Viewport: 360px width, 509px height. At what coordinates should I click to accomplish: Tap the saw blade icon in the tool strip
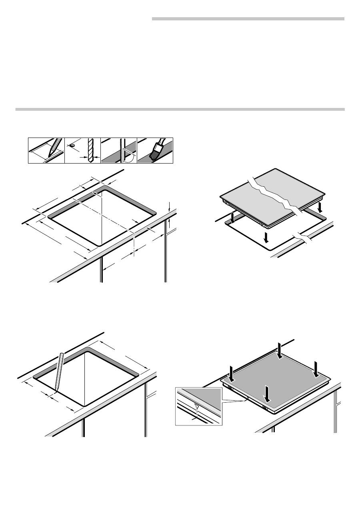point(120,150)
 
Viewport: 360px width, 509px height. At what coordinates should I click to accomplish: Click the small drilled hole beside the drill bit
point(72,146)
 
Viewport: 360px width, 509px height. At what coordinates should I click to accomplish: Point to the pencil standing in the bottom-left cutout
point(58,372)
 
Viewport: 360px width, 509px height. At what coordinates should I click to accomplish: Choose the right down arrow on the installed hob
point(316,369)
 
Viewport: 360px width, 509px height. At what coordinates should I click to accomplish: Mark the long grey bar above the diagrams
point(180,109)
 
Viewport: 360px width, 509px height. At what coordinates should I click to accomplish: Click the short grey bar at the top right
point(248,18)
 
